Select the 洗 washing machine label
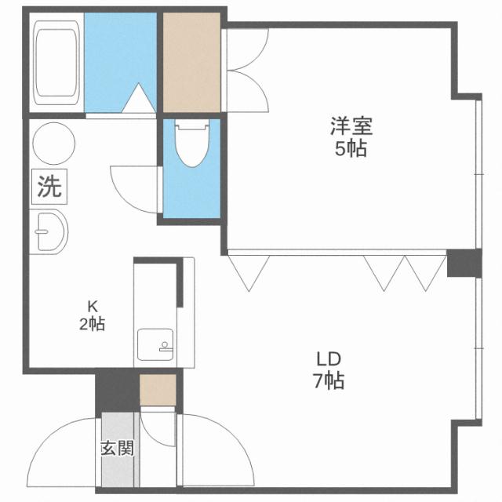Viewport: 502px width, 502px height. pos(49,187)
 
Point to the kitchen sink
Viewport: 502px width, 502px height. pos(154,344)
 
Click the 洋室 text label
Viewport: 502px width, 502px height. pos(351,125)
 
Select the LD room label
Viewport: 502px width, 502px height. pos(328,359)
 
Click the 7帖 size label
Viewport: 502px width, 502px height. pos(328,382)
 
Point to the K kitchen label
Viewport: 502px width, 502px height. pos(91,307)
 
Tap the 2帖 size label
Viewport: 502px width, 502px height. pos(92,323)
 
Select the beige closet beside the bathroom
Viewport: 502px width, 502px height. pos(191,64)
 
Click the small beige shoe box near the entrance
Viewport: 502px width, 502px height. pos(158,387)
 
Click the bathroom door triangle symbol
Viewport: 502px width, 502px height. pos(140,100)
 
